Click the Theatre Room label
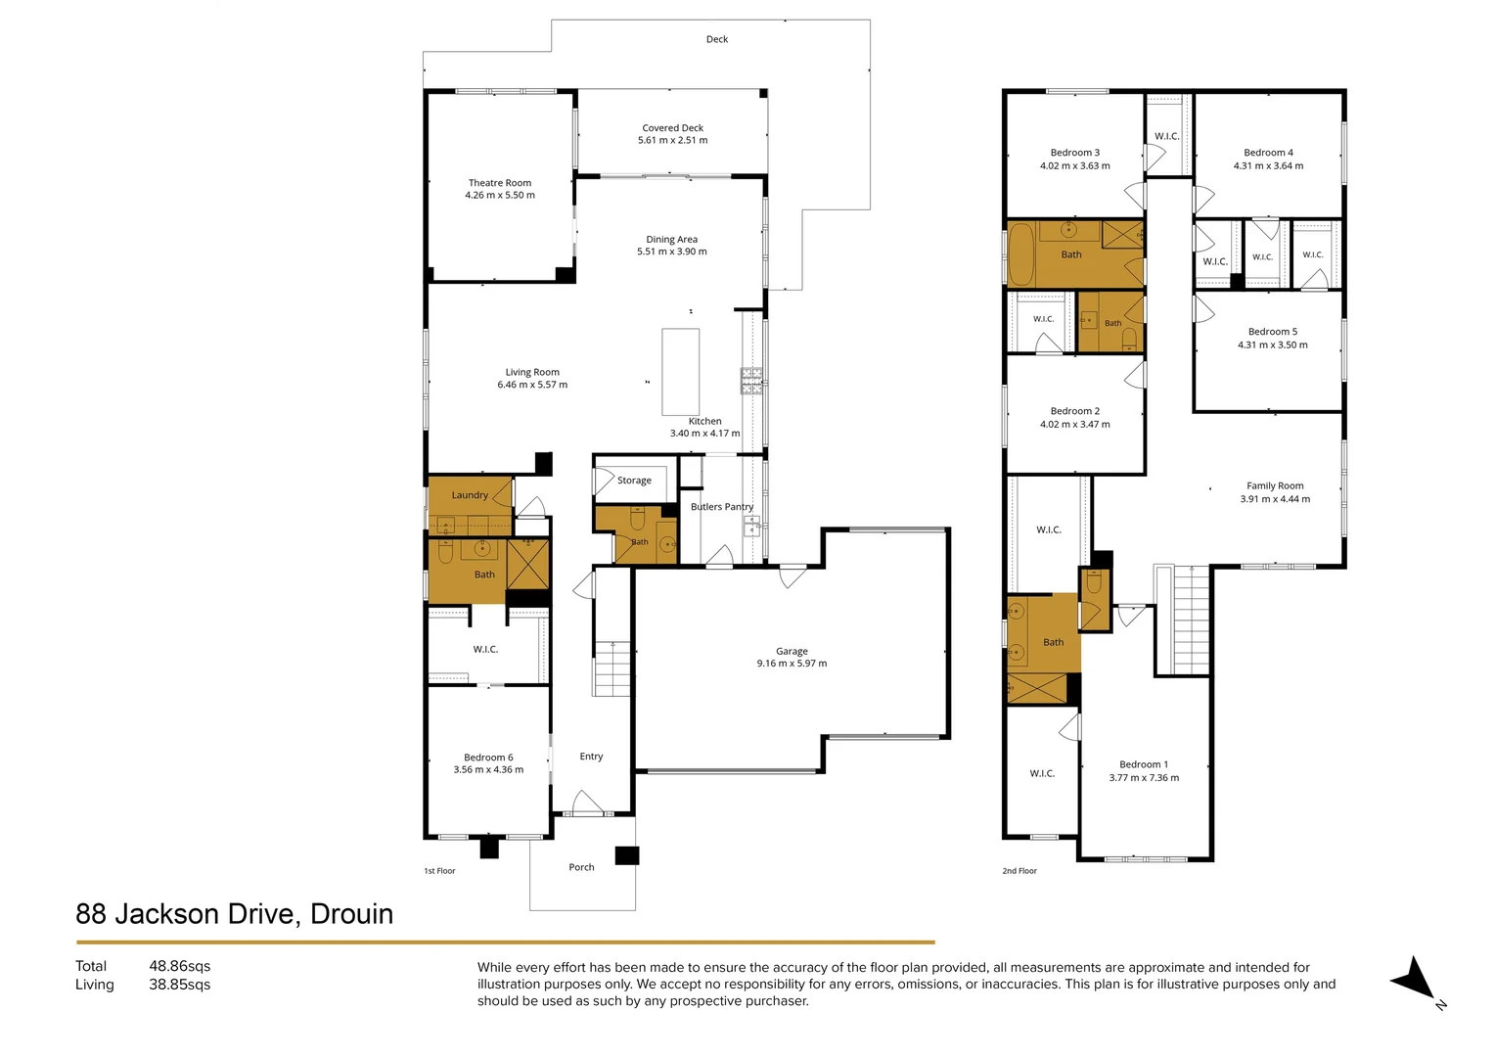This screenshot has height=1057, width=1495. tap(500, 183)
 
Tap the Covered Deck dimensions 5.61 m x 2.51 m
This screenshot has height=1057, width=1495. tap(673, 140)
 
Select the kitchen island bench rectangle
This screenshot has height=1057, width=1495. tap(681, 372)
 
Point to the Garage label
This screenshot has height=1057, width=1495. tap(792, 651)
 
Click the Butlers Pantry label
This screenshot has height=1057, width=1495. tap(722, 507)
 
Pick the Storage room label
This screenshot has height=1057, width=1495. tap(634, 481)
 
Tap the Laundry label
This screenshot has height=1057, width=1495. tap(470, 495)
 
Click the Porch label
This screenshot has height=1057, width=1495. tap(581, 867)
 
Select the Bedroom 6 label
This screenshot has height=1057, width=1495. tap(488, 758)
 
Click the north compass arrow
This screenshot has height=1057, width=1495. tap(1418, 980)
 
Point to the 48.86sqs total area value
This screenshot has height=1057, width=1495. tap(179, 966)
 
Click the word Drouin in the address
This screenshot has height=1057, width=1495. tap(351, 914)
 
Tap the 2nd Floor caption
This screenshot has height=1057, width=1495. tap(1019, 871)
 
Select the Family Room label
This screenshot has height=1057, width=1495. tap(1275, 486)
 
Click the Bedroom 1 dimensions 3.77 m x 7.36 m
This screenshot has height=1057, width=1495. tap(1144, 778)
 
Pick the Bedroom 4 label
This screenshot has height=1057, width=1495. tap(1268, 153)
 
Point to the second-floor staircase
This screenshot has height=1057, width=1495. tap(1191, 620)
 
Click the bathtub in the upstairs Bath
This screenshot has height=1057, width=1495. tap(1020, 254)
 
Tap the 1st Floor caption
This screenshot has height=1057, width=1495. tap(440, 871)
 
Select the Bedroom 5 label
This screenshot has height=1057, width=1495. tap(1273, 332)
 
